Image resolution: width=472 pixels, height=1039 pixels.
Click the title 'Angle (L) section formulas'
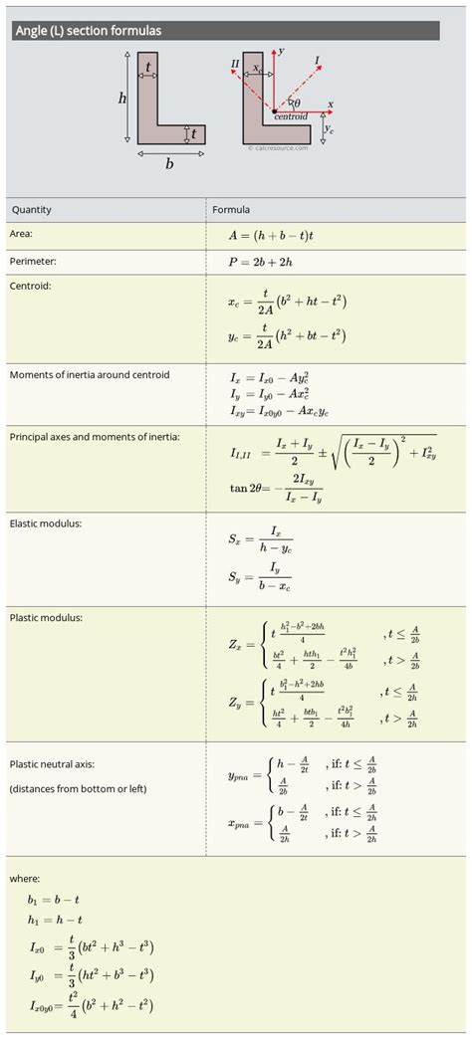[89, 31]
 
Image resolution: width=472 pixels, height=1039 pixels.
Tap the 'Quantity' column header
[32, 210]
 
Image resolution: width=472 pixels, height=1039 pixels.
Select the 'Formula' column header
[231, 210]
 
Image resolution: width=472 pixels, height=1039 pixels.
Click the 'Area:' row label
[22, 233]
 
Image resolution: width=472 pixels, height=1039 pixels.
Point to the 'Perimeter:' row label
[33, 261]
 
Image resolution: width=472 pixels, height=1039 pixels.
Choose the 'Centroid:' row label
[30, 286]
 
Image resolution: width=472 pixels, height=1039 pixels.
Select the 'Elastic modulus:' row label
[46, 521]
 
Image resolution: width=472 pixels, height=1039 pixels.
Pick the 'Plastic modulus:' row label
[46, 617]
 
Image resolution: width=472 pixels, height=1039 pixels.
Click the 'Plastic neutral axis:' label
[53, 764]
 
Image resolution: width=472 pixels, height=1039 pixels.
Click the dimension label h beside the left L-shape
[122, 98]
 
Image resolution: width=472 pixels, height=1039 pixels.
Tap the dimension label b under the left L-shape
[169, 163]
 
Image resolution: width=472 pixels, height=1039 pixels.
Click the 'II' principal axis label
[235, 64]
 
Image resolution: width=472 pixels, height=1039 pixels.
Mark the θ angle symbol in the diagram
[297, 103]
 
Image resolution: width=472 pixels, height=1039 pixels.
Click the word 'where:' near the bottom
[24, 878]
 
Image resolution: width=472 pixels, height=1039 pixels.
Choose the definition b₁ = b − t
[55, 900]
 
